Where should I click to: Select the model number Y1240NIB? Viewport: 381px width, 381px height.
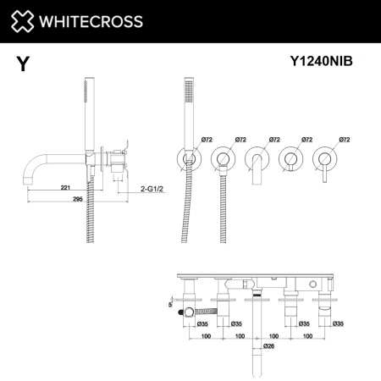323,61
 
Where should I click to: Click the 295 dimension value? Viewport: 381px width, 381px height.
77,199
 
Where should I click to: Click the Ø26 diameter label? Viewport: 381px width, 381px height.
268,346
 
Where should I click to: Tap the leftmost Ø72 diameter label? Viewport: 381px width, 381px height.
207,138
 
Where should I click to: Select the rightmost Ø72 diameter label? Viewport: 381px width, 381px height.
344,138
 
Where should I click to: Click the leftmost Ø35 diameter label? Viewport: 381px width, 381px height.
202,323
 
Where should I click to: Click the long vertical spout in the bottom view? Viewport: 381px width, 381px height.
257,339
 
